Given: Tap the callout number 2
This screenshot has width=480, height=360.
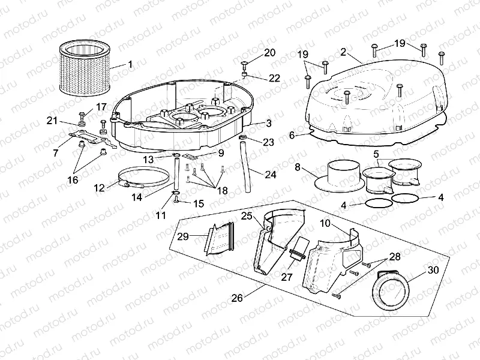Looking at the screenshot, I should (x=343, y=52).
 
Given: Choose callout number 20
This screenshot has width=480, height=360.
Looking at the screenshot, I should (x=269, y=52).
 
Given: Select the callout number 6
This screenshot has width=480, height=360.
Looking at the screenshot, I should (x=292, y=136).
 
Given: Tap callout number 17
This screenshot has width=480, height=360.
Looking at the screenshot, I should (x=101, y=107).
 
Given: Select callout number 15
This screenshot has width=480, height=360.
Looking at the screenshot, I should (x=199, y=203).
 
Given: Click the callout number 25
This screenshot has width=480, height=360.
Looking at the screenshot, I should (x=247, y=215).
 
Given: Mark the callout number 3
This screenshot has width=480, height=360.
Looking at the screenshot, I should (x=268, y=123).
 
